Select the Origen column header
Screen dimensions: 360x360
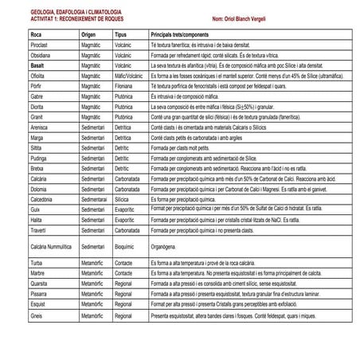[89, 36]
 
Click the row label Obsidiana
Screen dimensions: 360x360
[41, 57]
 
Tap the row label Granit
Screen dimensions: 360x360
[37, 116]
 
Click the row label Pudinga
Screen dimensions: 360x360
[39, 158]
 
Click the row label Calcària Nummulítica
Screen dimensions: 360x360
[51, 247]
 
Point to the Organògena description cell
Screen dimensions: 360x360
[163, 247]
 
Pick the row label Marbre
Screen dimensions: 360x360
[37, 272]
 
